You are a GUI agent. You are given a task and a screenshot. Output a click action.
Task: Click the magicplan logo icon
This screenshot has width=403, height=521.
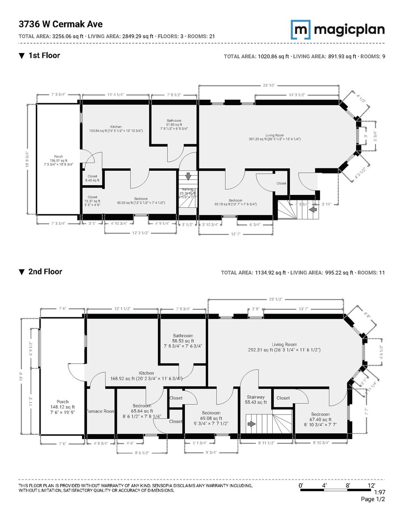300,29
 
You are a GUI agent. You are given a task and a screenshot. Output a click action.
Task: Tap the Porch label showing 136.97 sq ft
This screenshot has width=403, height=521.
58,156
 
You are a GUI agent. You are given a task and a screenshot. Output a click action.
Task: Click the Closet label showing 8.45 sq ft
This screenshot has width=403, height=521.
92,177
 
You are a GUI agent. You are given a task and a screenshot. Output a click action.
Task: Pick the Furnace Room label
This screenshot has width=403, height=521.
100,411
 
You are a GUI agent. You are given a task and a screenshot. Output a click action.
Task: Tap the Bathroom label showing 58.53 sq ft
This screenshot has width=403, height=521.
183,336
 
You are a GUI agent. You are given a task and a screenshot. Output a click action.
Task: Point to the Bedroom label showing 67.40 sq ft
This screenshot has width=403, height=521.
320,414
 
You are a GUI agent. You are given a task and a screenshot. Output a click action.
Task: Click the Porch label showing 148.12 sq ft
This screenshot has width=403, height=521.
62,402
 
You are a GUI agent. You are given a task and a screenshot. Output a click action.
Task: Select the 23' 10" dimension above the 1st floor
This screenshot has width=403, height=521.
269,85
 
